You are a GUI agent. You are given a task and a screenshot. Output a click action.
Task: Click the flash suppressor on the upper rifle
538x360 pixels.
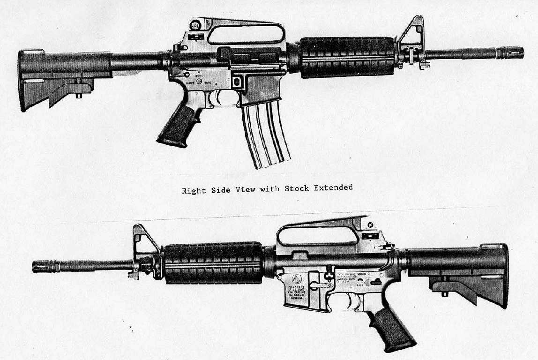pos(514,52)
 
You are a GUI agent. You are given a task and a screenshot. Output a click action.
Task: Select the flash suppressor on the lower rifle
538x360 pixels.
pos(42,267)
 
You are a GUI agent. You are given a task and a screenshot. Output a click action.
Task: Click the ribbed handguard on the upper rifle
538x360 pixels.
pos(347,57)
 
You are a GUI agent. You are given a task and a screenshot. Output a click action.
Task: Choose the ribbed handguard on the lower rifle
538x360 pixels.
pos(213,263)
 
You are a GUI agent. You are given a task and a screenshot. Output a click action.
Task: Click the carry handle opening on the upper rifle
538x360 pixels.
pos(246,34)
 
